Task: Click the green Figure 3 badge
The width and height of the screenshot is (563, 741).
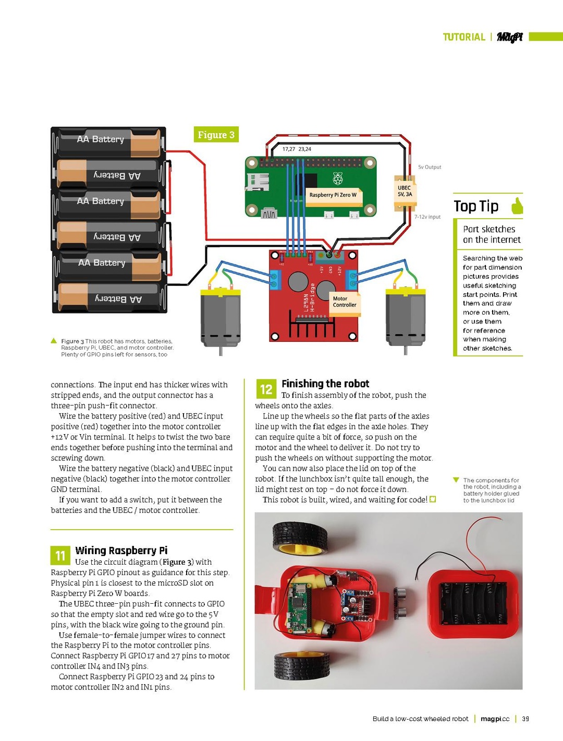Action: [216, 135]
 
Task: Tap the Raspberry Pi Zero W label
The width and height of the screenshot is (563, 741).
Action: [333, 195]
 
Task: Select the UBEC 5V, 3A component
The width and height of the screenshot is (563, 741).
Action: [405, 192]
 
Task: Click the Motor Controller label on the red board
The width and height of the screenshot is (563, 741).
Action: [345, 302]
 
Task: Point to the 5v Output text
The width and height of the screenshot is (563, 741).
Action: [430, 168]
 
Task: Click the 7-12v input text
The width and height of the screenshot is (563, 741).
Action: [427, 217]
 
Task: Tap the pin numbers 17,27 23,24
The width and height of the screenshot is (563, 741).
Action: [297, 149]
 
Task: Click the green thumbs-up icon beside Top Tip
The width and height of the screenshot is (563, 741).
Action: [517, 206]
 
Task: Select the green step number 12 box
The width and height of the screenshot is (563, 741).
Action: [266, 389]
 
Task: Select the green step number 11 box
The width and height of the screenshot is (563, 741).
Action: [60, 556]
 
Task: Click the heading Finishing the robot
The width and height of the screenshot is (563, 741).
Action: [325, 384]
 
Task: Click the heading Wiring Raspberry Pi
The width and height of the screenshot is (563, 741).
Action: [121, 551]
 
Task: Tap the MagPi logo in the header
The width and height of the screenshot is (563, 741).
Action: [509, 37]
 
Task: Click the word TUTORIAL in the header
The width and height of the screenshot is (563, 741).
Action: [464, 37]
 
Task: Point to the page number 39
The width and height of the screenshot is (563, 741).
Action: [525, 719]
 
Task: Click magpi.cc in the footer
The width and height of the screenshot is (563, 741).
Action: [495, 719]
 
